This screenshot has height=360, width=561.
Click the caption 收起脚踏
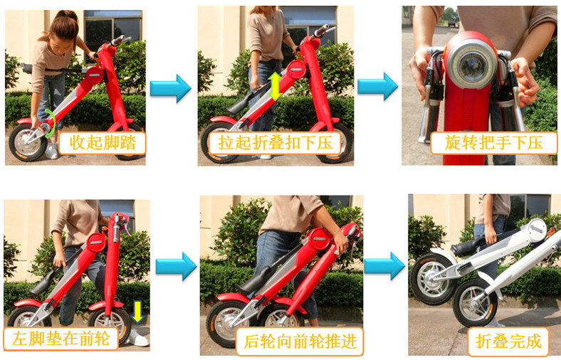point(103,142)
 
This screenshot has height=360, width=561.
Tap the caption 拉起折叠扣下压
point(276,143)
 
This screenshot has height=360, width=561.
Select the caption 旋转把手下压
point(494,142)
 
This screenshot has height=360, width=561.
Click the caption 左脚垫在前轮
point(61,338)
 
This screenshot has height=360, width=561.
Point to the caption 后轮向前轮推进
point(300,341)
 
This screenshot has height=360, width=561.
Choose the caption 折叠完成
point(509,341)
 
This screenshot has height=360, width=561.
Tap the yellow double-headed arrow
point(275,86)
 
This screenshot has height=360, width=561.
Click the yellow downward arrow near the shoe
point(137,312)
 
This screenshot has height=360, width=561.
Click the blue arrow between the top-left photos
point(170,88)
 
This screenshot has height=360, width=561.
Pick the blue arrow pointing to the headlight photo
point(377,86)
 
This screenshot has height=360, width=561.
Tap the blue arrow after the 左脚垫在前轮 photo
point(176,266)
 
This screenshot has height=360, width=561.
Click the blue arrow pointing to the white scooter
point(384,266)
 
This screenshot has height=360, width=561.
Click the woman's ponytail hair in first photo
point(63,24)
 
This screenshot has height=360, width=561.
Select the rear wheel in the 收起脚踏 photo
point(28,142)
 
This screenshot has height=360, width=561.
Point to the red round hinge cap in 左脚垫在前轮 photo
point(96,243)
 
